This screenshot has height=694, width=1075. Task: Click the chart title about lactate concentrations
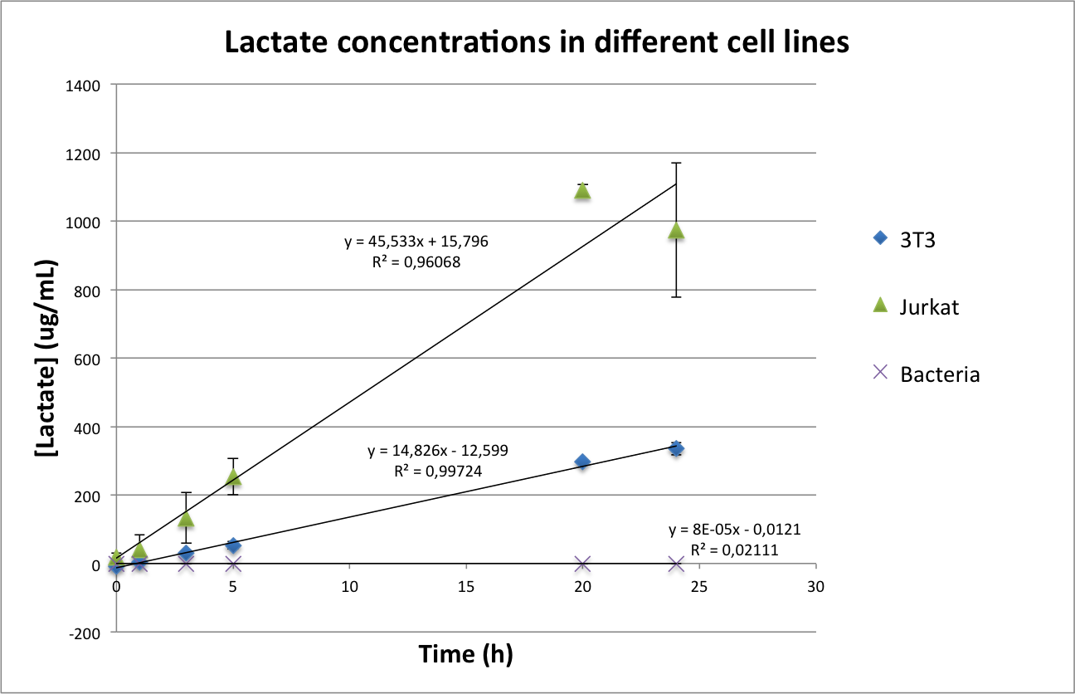537,42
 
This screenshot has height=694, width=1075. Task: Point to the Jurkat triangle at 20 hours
582,191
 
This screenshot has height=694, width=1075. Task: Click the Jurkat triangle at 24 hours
676,230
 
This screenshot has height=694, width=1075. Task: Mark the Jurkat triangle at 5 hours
233,477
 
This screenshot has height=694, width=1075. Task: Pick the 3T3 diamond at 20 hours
582,462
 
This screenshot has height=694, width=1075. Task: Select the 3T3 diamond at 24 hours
676,448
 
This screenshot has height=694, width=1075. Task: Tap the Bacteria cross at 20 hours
582,564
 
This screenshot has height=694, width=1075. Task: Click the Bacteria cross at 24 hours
676,564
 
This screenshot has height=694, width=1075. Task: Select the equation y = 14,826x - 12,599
438,451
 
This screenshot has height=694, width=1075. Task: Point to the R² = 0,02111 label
734,549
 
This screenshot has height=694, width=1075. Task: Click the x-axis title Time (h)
466,654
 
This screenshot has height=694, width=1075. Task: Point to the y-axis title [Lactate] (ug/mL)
45,359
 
